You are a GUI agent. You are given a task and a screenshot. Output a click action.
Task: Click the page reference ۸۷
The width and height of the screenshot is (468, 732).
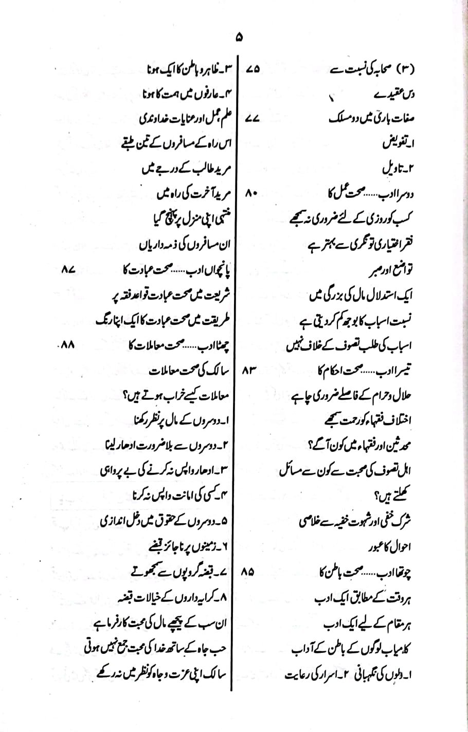[68, 269]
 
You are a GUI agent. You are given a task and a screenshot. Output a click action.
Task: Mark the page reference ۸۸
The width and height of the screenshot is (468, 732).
[68, 345]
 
